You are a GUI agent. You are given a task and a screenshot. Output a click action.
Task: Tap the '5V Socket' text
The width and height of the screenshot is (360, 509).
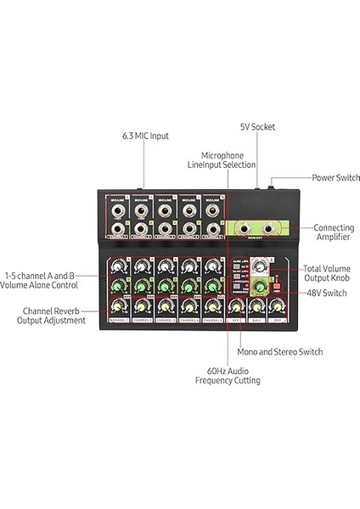[x=257, y=127]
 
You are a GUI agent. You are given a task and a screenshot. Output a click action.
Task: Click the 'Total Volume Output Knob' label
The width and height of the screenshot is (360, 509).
[x=328, y=273]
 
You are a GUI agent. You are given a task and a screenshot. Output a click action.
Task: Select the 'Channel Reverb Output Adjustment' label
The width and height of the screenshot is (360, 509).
[x=54, y=316]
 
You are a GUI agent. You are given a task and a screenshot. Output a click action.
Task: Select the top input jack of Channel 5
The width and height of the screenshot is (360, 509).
[x=211, y=208]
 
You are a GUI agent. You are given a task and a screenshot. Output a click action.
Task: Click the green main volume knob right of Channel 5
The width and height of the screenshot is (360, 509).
[x=257, y=288]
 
